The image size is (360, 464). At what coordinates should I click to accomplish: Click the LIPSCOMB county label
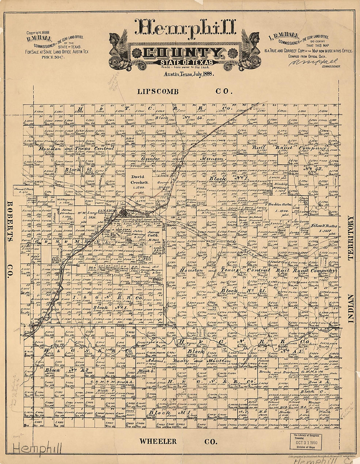(158, 92)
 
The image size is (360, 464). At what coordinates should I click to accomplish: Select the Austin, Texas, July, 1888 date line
(187, 74)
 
